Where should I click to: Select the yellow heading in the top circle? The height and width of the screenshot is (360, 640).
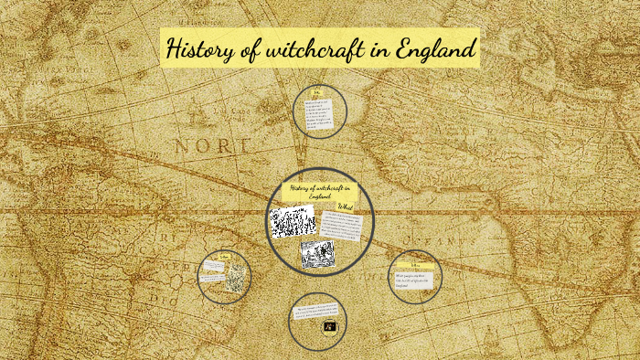[318, 94]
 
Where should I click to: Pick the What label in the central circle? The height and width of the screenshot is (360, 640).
[346, 208]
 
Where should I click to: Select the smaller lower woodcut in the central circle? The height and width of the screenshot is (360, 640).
[317, 253]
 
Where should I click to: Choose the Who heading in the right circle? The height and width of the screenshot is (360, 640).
[415, 265]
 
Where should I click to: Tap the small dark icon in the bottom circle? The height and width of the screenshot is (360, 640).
[330, 325]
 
